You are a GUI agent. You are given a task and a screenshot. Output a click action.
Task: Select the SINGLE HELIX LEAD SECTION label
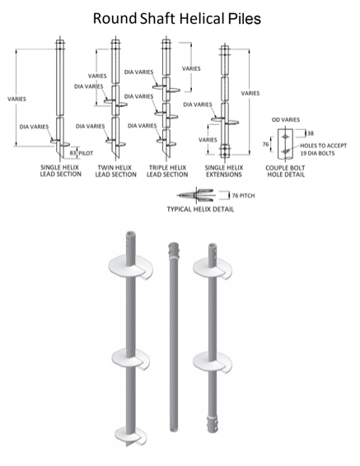pyautogui.click(x=60, y=170)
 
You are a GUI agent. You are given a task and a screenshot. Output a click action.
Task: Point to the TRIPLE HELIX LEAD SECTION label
pyautogui.click(x=168, y=170)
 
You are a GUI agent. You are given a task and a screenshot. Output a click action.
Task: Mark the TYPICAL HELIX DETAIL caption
pyautogui.click(x=200, y=209)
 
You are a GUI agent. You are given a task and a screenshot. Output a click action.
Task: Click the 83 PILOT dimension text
pyautogui.click(x=82, y=153)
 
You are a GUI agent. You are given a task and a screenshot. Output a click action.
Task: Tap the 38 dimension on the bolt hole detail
pyautogui.click(x=310, y=132)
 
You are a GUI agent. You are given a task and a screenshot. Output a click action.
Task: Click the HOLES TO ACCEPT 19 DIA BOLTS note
pyautogui.click(x=317, y=148)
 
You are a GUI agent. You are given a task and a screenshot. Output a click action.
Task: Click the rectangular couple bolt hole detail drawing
pyautogui.click(x=285, y=144)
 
